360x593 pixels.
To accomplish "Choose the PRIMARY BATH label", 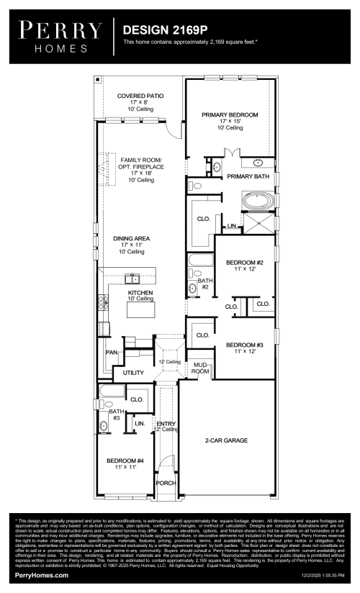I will (248, 176).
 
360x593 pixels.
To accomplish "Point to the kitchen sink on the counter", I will (132, 279).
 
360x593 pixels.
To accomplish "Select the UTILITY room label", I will (133, 373).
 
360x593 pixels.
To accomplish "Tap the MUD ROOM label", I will (200, 368).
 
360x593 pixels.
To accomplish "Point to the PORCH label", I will (166, 483).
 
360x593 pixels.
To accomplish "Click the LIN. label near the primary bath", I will (231, 226).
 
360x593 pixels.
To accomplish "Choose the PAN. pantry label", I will (111, 353).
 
